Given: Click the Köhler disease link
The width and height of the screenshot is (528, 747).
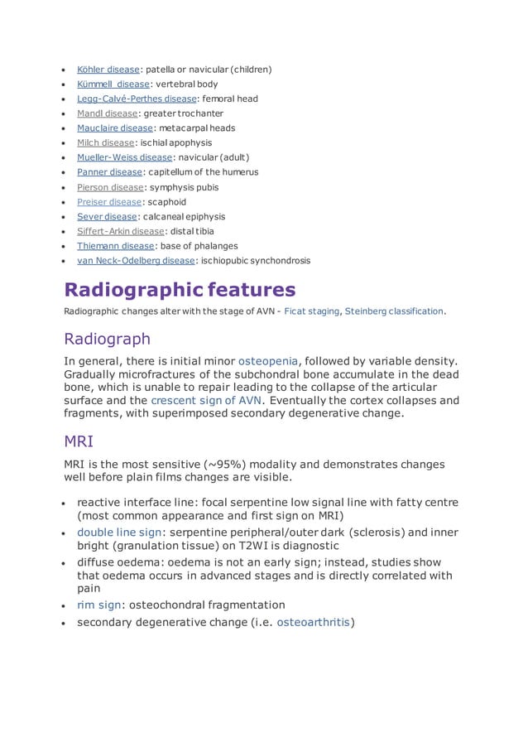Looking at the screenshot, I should [x=108, y=70].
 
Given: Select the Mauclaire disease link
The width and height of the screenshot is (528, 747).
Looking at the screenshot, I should [x=115, y=128].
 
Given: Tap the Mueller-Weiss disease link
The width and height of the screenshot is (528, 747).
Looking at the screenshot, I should [x=124, y=157].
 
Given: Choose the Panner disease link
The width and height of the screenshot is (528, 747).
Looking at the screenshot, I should [x=109, y=172].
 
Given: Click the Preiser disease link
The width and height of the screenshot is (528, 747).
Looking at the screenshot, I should [x=109, y=202].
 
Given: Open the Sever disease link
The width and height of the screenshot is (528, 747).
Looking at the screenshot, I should [x=108, y=216].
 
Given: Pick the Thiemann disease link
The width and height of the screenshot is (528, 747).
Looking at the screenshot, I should [x=115, y=246].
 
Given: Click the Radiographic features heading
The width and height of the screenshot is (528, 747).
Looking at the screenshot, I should [x=180, y=290].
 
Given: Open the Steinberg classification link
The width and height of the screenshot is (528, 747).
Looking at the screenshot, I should [x=395, y=311].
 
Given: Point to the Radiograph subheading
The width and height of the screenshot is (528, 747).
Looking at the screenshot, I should [x=108, y=339].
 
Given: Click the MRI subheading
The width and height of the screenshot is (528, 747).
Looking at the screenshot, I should [x=80, y=443].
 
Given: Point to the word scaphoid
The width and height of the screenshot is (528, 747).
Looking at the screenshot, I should [x=167, y=202].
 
